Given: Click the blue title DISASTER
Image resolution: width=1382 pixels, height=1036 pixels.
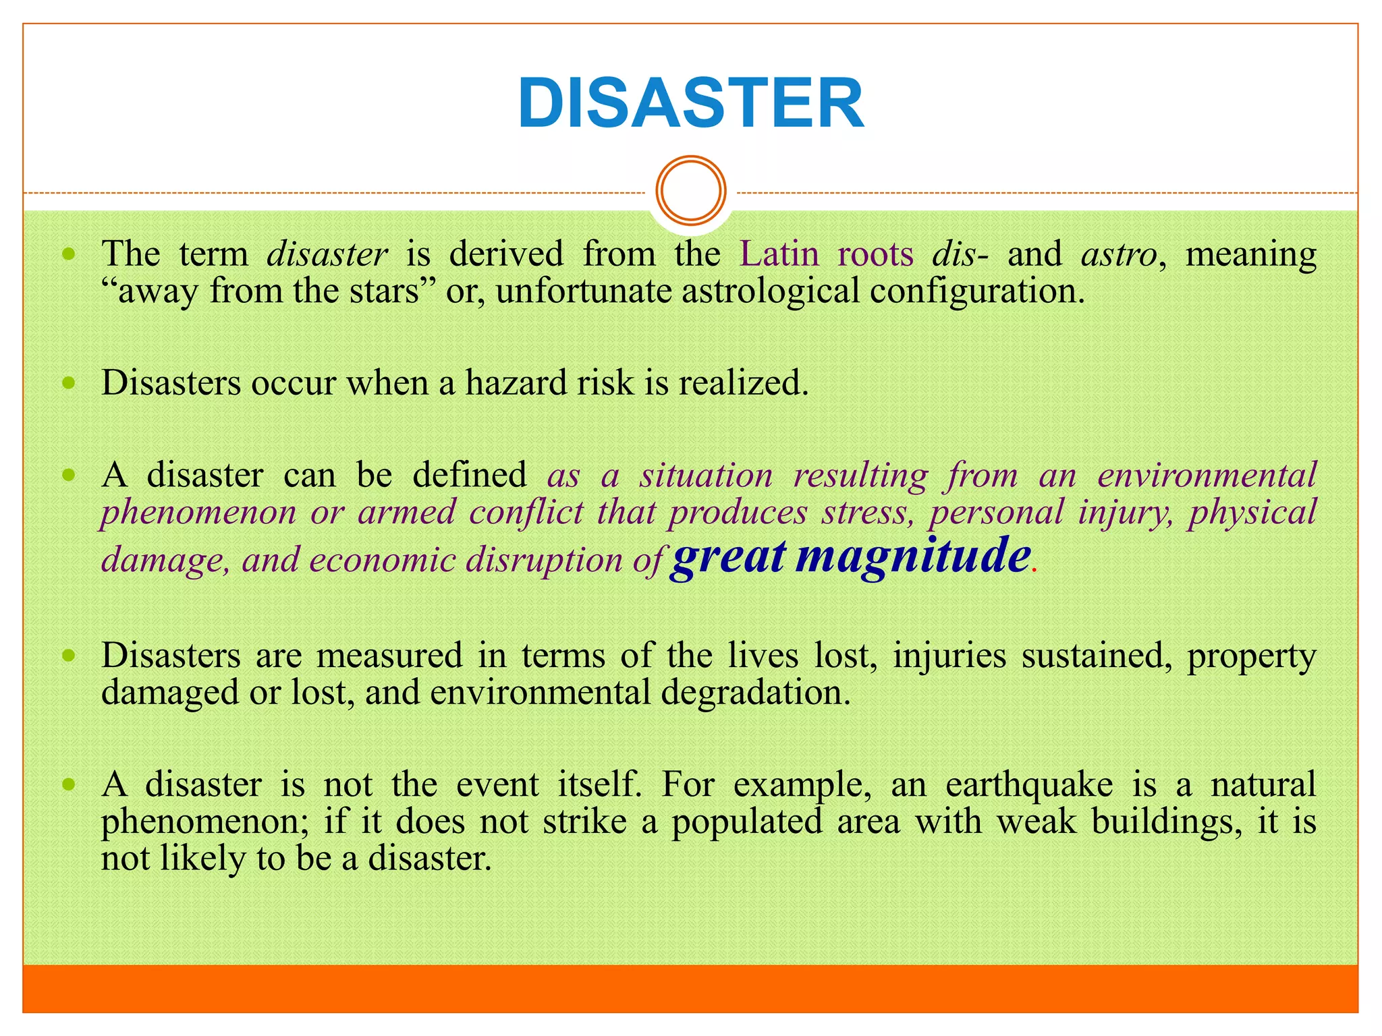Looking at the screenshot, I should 690,104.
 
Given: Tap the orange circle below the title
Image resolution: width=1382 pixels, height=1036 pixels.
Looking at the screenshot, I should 691,190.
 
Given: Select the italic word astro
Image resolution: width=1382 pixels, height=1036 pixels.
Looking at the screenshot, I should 1120,254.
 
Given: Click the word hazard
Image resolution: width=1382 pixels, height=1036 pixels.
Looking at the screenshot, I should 517,383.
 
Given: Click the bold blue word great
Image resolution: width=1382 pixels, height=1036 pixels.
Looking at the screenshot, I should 729,557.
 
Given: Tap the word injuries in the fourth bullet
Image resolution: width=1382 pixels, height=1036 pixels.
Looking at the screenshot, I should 949,656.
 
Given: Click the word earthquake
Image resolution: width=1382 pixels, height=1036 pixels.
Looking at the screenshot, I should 1029,784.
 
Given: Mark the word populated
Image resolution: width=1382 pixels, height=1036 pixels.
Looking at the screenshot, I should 746,822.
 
